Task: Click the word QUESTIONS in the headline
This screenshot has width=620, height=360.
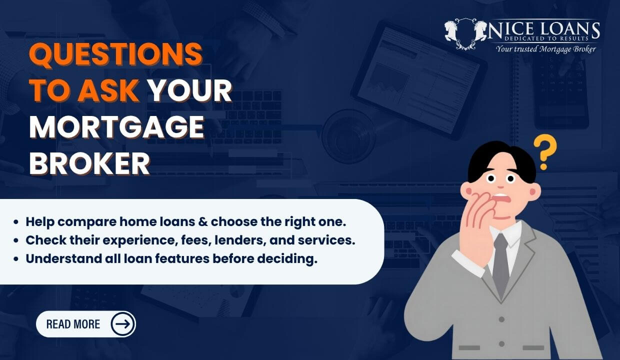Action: point(115,55)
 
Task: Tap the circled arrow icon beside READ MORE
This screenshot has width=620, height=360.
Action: point(122,324)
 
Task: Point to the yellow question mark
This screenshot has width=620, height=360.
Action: point(544,151)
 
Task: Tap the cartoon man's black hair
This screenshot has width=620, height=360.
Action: point(500,158)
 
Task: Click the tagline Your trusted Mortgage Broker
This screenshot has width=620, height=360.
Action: point(545,49)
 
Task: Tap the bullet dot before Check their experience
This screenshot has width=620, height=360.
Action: point(17,240)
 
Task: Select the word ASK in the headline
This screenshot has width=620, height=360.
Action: point(108,91)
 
